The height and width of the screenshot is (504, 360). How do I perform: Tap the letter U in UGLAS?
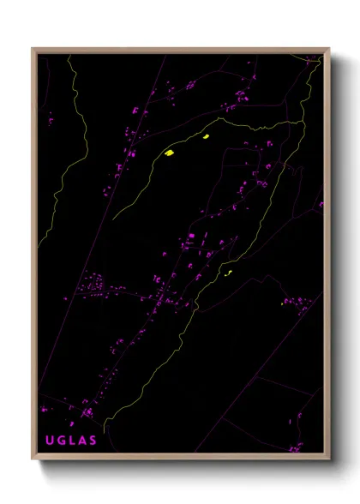point(49,441)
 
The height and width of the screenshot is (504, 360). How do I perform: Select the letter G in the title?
point(60,441)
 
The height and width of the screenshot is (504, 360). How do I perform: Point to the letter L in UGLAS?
point(71,441)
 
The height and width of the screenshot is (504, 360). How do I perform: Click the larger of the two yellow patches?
point(170,153)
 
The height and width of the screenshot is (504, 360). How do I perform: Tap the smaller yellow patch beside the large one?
point(206,135)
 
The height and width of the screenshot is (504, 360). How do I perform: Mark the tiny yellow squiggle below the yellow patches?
point(228,274)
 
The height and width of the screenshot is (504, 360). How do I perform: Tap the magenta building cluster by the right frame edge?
point(299,302)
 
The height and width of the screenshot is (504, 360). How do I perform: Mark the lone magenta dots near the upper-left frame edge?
point(51,121)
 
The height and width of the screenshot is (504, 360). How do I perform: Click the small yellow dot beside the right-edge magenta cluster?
point(283,303)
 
